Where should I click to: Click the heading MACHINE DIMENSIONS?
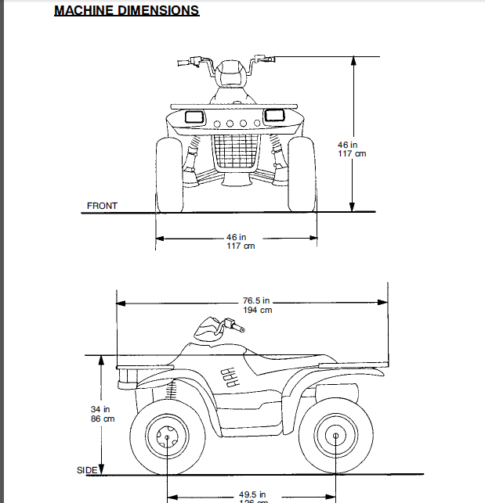pos(126,11)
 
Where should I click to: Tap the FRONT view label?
pos(102,206)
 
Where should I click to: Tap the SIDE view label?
pos(87,470)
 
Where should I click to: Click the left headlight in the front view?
pos(193,116)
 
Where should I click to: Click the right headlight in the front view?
pos(274,116)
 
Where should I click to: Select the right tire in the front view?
pos(302,175)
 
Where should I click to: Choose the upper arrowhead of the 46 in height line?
pos(353,60)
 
